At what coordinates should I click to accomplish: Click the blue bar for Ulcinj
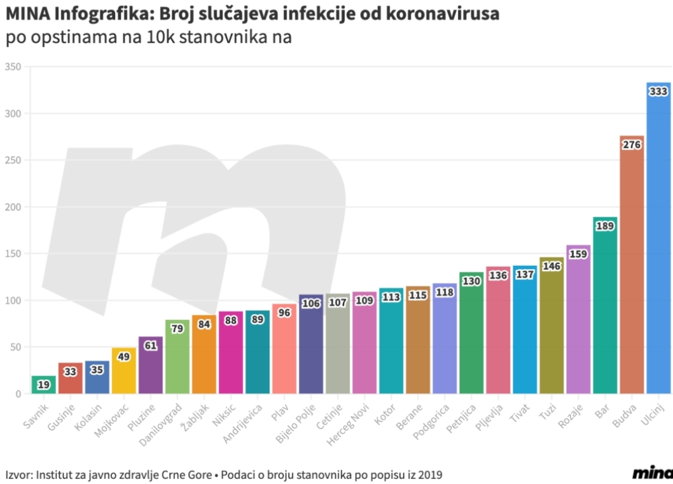[658, 242]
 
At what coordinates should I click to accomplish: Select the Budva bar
[632, 267]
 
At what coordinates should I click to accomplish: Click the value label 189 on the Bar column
[605, 226]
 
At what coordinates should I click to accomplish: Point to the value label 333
[658, 92]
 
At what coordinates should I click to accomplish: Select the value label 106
[311, 303]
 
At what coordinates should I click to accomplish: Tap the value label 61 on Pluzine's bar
[151, 345]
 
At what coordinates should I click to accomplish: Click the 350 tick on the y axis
[13, 67]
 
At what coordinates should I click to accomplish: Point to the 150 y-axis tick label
[13, 254]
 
